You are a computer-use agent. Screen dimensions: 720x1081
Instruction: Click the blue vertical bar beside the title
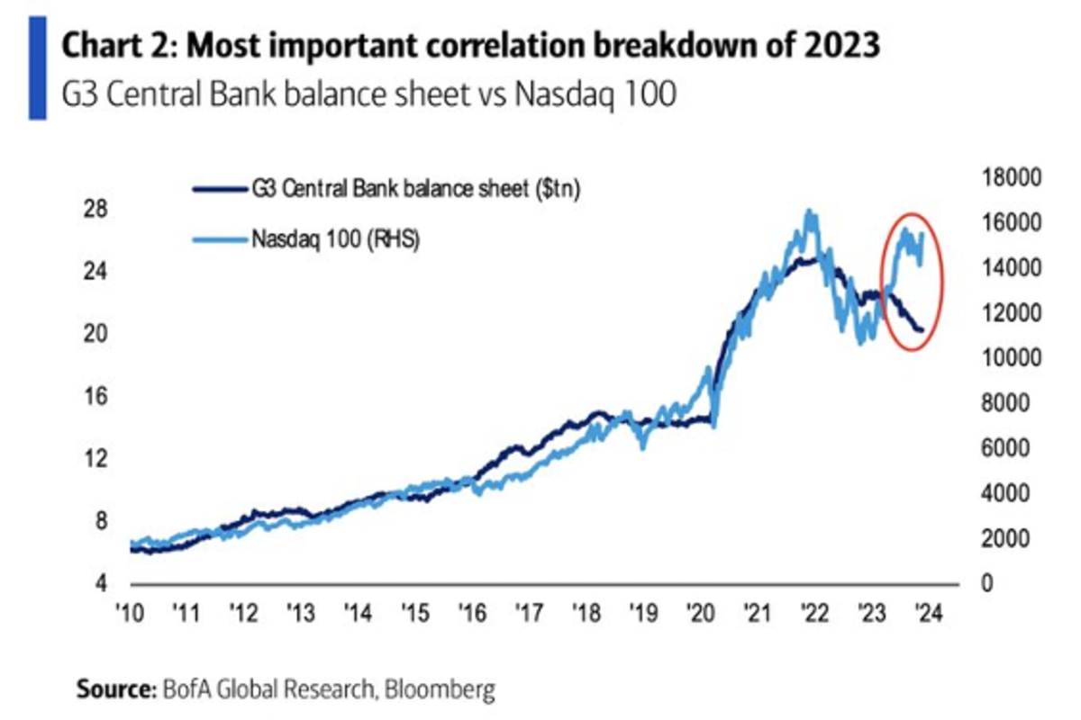(x=37, y=68)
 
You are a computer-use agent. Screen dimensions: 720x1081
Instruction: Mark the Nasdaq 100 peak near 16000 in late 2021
(x=810, y=212)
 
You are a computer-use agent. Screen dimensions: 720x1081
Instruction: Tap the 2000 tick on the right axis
(x=1003, y=539)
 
